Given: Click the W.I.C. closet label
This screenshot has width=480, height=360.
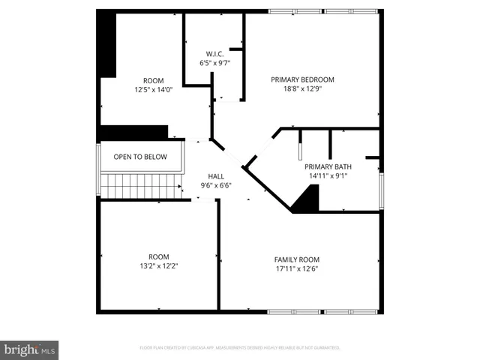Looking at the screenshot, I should coord(215,54).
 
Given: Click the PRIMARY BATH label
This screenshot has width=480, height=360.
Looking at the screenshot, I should coord(328,166).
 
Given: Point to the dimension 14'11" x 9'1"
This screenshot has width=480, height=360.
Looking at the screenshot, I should coord(328,176).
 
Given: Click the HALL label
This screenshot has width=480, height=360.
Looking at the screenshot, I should coord(215,175).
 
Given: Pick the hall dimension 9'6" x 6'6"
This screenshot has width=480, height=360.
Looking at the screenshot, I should coord(215,185).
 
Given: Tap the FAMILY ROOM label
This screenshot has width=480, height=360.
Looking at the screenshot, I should coord(297,259).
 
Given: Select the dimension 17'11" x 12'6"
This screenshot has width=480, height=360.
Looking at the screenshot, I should coord(297,268).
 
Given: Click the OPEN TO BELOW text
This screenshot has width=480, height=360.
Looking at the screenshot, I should coord(139,157).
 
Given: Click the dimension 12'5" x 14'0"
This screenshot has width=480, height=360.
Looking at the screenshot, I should coord(154,90).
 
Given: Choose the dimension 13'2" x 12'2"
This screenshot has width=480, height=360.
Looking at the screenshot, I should coord(158,265).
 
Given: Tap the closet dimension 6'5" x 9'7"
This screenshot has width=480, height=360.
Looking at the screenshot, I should coord(215,64).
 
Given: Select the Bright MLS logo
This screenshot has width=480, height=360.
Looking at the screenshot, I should coord(30,349).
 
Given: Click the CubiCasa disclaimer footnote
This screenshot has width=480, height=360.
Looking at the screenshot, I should coord(240,348).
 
